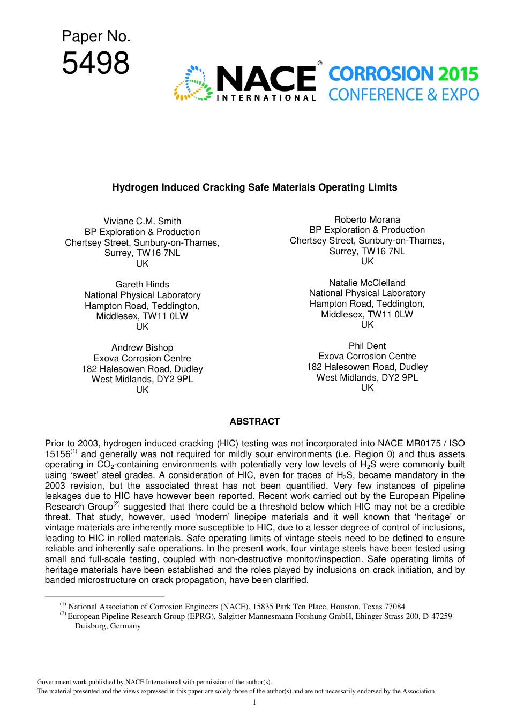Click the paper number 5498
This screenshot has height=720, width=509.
[95, 63]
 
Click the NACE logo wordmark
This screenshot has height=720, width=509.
[266, 79]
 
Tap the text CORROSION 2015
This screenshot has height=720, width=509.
[403, 74]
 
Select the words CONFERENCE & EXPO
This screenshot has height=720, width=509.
[403, 95]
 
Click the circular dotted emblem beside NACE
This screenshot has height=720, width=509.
[193, 84]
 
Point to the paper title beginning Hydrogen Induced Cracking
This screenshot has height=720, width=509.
[254, 187]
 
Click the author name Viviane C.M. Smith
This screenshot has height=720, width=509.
[142, 221]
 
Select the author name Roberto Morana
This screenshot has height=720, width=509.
[367, 219]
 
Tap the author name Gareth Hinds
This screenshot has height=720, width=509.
[142, 284]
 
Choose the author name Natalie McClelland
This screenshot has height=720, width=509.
[367, 283]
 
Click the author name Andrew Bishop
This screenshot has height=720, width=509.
[142, 347]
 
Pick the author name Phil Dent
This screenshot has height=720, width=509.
[367, 346]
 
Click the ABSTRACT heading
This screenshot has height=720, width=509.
[254, 421]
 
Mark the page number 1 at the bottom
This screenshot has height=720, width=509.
[254, 702]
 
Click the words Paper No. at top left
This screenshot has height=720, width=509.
[96, 36]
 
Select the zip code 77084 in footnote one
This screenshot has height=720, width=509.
[395, 607]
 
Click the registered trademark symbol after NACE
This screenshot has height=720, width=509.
[320, 63]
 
